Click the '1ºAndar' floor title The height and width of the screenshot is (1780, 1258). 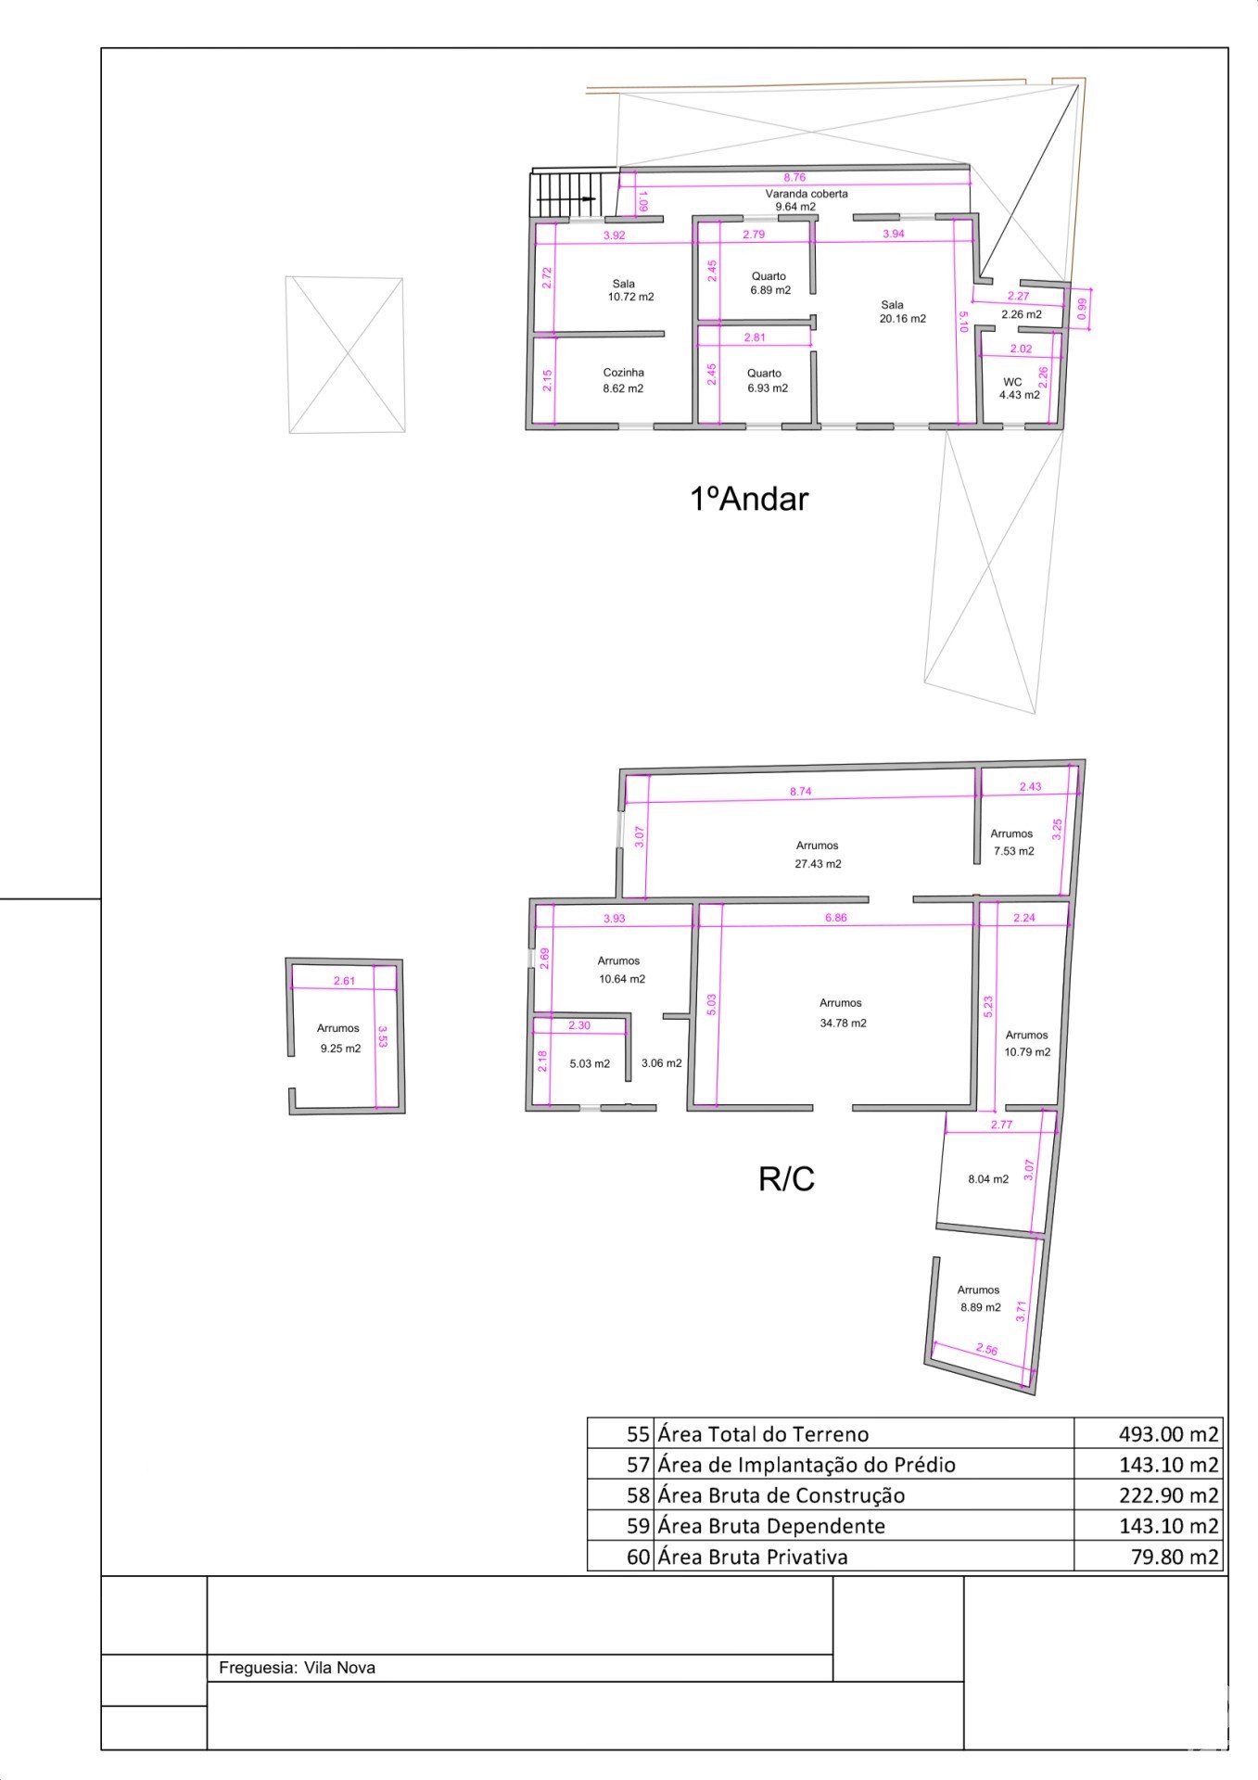click(x=749, y=500)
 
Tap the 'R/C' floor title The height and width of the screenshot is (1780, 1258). click(x=786, y=1179)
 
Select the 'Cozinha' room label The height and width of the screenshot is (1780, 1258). click(x=623, y=373)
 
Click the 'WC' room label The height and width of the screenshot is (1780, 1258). click(x=1012, y=382)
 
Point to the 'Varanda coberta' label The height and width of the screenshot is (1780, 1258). click(x=806, y=194)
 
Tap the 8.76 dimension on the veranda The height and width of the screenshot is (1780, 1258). click(x=794, y=177)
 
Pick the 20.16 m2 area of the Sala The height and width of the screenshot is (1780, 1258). click(x=902, y=319)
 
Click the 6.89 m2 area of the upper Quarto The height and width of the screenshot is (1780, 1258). click(x=770, y=290)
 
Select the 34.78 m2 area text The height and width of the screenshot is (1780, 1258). click(x=843, y=1023)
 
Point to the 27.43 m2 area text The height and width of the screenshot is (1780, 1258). click(x=818, y=864)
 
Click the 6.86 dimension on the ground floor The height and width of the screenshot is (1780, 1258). click(x=836, y=918)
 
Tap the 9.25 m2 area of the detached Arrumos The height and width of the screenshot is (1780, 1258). click(x=340, y=1049)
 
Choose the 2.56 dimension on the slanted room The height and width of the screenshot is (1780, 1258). click(x=986, y=1350)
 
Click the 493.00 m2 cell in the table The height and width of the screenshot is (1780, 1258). click(x=1168, y=1434)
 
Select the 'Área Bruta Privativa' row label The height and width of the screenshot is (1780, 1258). click(x=753, y=1557)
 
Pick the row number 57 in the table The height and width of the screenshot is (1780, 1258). click(x=638, y=1465)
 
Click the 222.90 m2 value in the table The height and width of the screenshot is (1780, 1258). click(x=1168, y=1495)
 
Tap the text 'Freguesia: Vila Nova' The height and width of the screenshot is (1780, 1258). click(x=297, y=1668)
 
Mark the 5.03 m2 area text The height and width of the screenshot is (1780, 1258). click(x=590, y=1064)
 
